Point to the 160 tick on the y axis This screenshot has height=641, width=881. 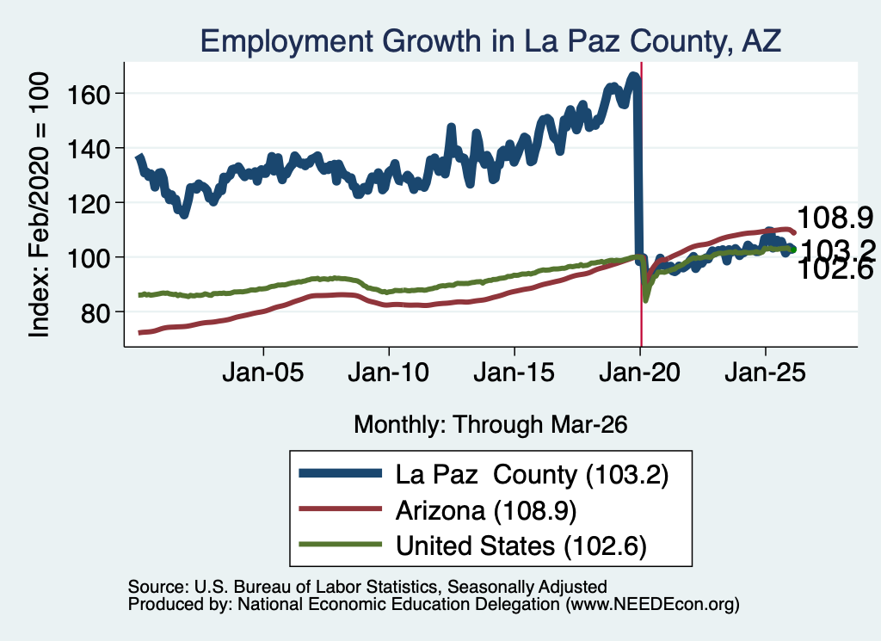click(x=88, y=94)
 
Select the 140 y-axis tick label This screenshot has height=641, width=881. click(x=88, y=148)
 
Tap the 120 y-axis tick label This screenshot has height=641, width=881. click(x=88, y=203)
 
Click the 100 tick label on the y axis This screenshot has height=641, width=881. click(x=88, y=257)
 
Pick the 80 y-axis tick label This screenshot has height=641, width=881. click(x=95, y=312)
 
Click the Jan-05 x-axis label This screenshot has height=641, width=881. click(x=263, y=373)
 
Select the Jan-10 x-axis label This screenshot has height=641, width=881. click(x=388, y=373)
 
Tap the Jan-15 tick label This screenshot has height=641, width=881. click(x=514, y=373)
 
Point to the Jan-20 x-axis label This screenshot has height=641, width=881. click(x=639, y=373)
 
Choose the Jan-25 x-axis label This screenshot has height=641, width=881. click(x=765, y=373)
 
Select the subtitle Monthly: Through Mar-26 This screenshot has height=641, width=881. click(x=490, y=425)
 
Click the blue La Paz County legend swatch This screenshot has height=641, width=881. click(x=341, y=473)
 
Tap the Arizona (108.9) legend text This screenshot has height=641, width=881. click(x=486, y=511)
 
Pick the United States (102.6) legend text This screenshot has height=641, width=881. click(x=521, y=546)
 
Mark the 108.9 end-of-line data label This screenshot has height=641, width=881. click(x=835, y=218)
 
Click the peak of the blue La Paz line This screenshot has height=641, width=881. click(x=633, y=75)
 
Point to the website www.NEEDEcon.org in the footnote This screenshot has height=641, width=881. click(x=652, y=605)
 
